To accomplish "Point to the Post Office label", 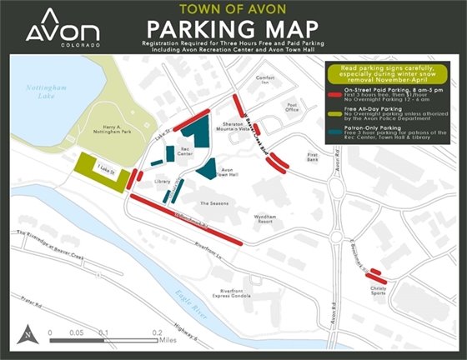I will tap(291, 107).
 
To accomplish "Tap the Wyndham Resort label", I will tap(266, 218).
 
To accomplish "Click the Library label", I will tap(162, 181).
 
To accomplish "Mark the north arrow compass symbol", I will tap(28, 333).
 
